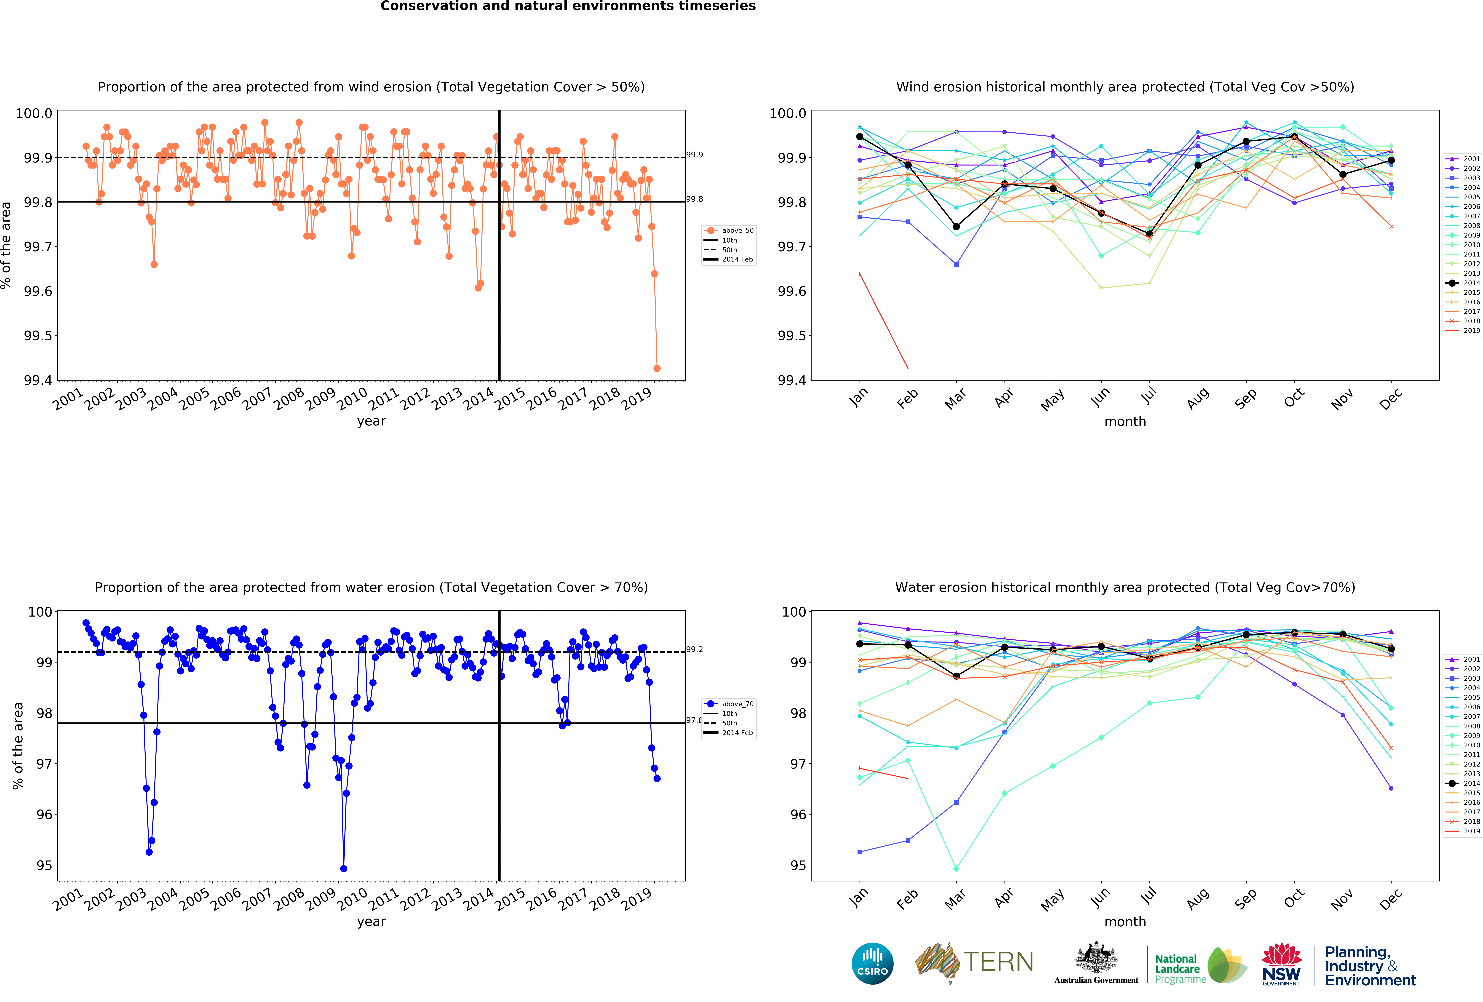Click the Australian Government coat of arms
pyautogui.click(x=1096, y=957)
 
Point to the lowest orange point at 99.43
pyautogui.click(x=657, y=368)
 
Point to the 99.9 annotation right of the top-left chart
pyautogui.click(x=694, y=154)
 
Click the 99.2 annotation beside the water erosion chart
pyautogui.click(x=694, y=649)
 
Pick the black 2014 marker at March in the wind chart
pyautogui.click(x=956, y=227)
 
